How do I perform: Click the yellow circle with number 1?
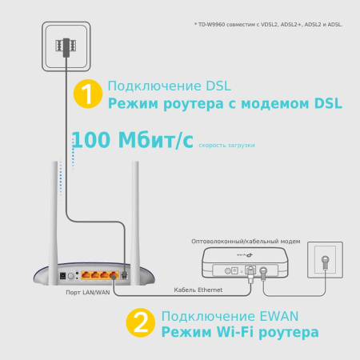coord(87,94)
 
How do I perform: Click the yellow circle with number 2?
coord(141,323)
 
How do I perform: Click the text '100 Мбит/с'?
coord(133,141)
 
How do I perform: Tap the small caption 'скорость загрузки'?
coord(226,145)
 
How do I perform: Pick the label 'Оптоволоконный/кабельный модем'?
coord(245,240)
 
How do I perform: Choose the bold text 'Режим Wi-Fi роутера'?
coord(239,331)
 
